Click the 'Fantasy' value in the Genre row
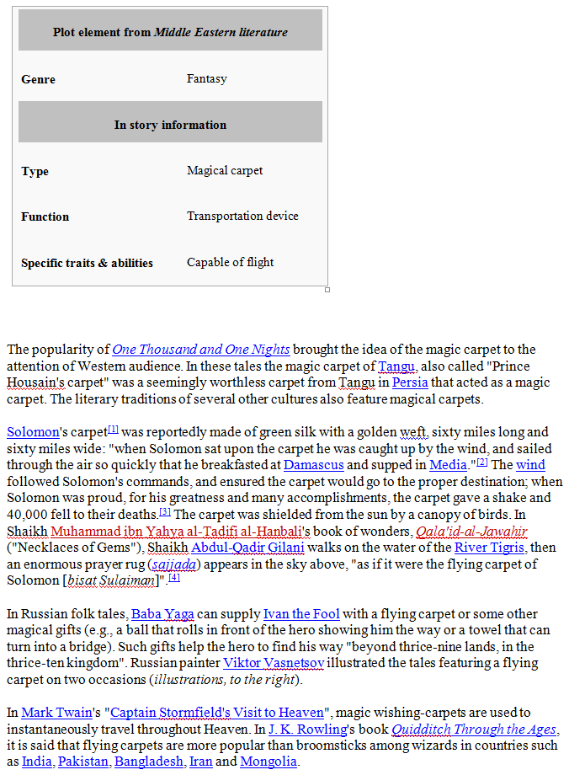tap(206, 78)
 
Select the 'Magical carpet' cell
tap(225, 170)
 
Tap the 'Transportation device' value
tap(242, 216)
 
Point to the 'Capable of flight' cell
tap(230, 262)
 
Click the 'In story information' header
tap(170, 125)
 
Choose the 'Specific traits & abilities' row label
tap(87, 263)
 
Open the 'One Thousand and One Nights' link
tap(201, 350)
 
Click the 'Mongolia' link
tap(268, 762)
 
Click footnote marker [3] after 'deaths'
tap(165, 511)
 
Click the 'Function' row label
tap(45, 216)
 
